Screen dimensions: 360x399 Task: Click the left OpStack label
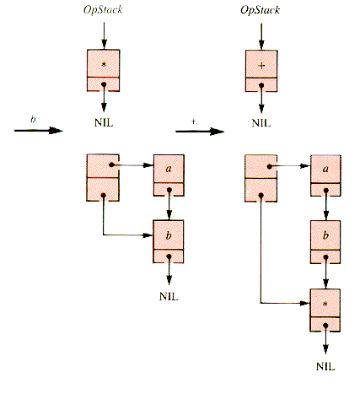tap(103, 10)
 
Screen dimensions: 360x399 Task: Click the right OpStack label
tap(261, 10)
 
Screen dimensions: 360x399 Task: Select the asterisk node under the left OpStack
tap(104, 70)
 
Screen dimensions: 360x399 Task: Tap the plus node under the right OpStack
tap(261, 71)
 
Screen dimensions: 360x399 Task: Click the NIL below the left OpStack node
tap(104, 123)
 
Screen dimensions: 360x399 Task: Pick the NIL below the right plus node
tap(261, 123)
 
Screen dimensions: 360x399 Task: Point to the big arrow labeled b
tap(39, 131)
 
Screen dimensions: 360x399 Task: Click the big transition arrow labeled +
tap(200, 131)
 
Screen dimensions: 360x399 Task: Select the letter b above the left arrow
tap(33, 119)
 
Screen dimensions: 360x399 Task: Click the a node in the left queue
tap(169, 175)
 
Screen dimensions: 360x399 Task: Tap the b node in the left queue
tap(169, 241)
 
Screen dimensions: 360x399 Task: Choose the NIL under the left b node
tap(169, 296)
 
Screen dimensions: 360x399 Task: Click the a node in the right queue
tap(325, 175)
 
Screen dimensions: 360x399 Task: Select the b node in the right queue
tap(325, 242)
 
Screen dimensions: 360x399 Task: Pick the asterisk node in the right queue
tap(325, 310)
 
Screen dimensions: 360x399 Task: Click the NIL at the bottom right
tap(325, 366)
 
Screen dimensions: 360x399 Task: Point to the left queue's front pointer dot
tap(111, 164)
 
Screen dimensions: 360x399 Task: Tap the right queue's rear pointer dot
tap(261, 195)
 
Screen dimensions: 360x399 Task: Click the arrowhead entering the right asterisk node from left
tap(304, 303)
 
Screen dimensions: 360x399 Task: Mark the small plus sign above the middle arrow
tap(193, 121)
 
